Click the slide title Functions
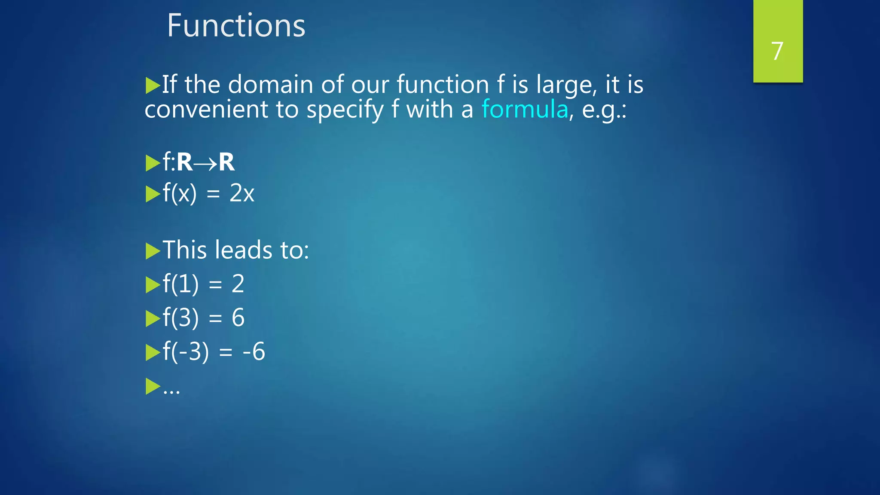click(x=236, y=26)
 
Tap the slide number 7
click(x=777, y=51)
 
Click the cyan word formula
click(x=525, y=109)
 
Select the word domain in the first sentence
click(x=270, y=84)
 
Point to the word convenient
click(x=206, y=110)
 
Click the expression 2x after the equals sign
click(x=242, y=193)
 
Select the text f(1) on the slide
click(x=180, y=284)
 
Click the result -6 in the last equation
click(x=254, y=351)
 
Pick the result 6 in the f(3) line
click(x=238, y=318)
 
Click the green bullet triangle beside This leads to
click(x=153, y=251)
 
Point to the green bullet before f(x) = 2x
click(x=153, y=194)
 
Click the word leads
click(x=244, y=250)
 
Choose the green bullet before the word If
click(x=153, y=85)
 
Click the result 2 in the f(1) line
click(x=238, y=284)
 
